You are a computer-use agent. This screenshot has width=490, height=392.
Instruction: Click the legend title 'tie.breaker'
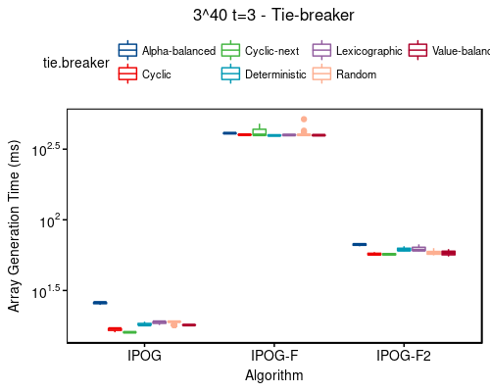[x=75, y=63]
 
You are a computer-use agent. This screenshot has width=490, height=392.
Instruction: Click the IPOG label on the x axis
[x=144, y=356]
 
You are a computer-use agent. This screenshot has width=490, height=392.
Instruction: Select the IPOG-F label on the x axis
[x=273, y=356]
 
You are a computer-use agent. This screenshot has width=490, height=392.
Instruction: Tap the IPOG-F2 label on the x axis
[x=404, y=356]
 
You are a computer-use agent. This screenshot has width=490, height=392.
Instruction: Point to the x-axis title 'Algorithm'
[x=273, y=375]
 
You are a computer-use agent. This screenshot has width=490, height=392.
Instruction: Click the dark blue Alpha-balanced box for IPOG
[x=100, y=303]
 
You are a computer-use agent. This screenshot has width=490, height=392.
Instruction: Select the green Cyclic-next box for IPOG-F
[x=259, y=132]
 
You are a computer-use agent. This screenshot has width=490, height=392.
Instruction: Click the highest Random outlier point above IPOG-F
[x=304, y=120]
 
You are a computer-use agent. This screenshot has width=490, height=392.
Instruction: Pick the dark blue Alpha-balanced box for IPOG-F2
[x=360, y=244]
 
